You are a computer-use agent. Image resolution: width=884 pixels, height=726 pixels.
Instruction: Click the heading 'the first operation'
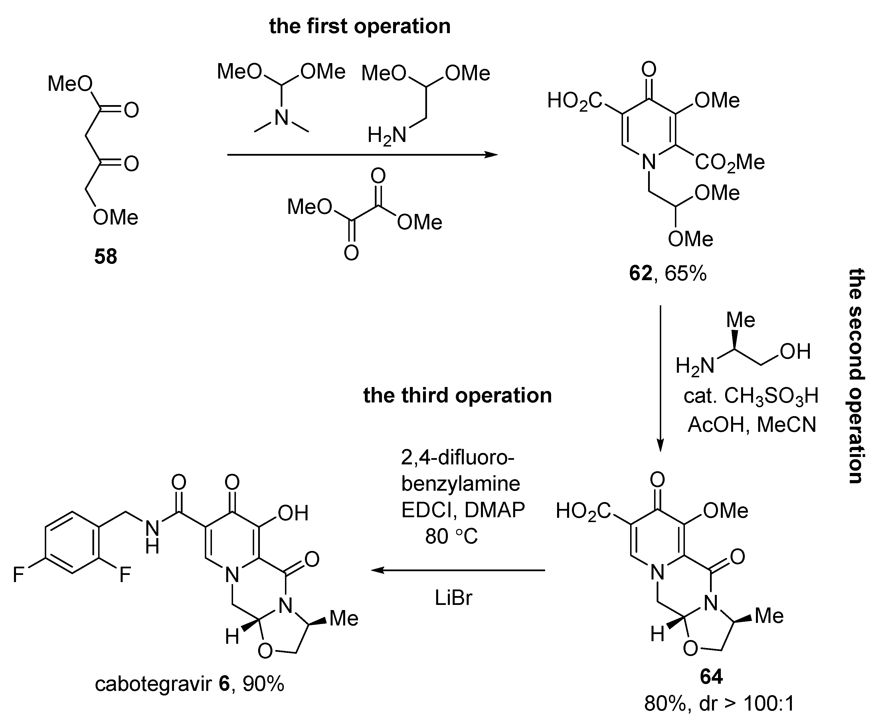click(360, 26)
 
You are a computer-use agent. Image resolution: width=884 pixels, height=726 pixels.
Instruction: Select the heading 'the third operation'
click(457, 395)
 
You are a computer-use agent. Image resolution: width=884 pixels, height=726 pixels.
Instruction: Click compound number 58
click(106, 256)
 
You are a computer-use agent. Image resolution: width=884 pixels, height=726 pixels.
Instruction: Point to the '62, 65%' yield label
click(667, 274)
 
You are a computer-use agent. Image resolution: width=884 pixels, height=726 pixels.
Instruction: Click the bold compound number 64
click(711, 677)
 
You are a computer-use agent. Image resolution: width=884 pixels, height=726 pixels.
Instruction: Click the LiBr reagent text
click(453, 598)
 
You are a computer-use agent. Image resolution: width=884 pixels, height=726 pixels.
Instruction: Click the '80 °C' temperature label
click(451, 536)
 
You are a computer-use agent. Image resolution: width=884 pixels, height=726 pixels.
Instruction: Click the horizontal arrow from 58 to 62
click(362, 155)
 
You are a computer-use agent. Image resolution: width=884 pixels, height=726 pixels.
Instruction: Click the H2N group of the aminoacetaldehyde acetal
click(387, 135)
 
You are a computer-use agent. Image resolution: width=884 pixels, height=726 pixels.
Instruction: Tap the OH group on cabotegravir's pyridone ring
click(293, 513)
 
